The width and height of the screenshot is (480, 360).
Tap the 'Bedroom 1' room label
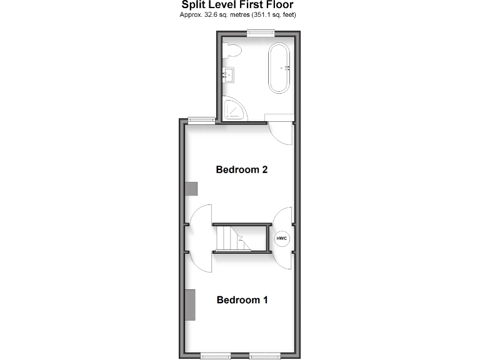242,300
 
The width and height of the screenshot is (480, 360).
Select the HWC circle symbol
281,239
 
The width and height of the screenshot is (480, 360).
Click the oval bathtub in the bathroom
279,68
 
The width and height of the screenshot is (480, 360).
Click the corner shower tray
232,110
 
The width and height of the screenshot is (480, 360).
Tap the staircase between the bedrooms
235,238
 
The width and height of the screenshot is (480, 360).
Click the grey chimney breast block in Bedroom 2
191,189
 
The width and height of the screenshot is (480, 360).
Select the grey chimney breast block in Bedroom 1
191,306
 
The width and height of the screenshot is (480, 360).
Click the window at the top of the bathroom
256,34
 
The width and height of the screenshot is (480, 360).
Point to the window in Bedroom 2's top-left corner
199,120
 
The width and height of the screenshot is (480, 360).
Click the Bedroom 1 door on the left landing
201,262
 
